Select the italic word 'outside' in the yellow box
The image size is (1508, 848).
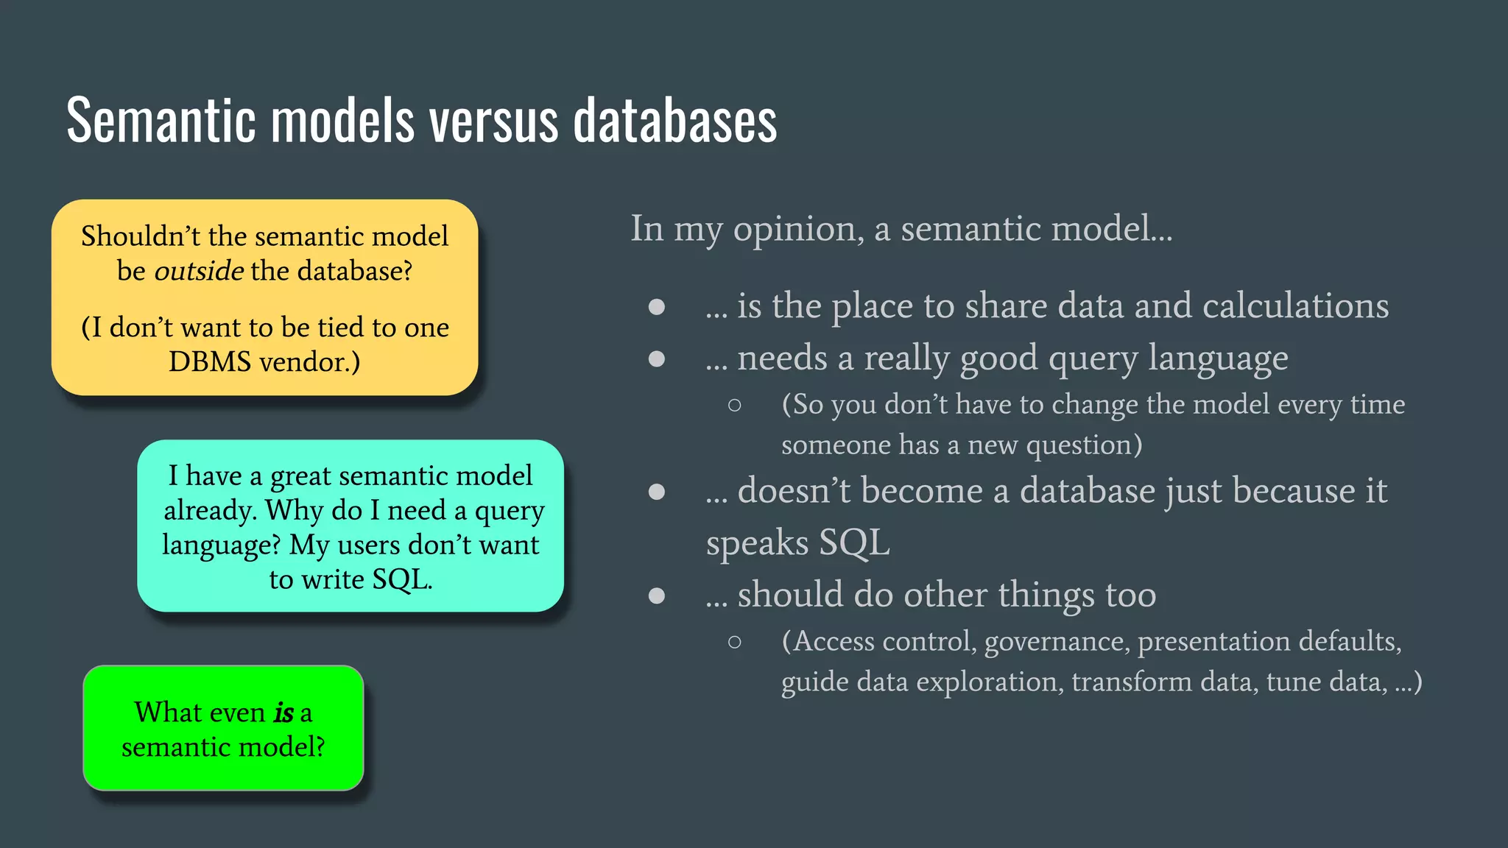point(199,271)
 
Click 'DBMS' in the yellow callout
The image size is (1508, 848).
point(209,362)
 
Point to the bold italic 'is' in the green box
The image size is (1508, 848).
point(283,713)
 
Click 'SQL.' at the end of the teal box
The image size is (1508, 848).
point(401,580)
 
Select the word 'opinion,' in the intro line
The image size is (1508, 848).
point(799,229)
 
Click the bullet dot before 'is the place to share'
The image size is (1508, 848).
point(657,307)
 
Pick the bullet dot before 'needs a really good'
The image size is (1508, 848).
point(657,358)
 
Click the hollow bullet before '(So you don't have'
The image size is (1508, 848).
point(734,405)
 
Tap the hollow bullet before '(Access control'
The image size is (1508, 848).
point(734,642)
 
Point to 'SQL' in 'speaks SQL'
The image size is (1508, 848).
point(854,543)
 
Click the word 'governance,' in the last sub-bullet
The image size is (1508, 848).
point(1056,642)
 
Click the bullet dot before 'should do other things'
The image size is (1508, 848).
point(657,596)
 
